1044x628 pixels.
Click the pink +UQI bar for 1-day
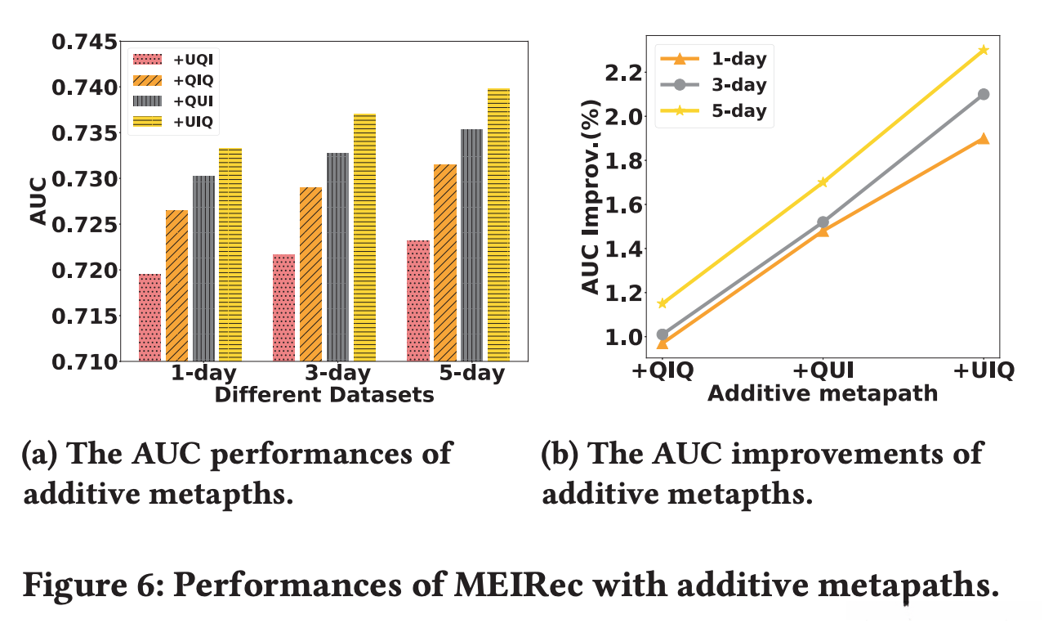point(149,317)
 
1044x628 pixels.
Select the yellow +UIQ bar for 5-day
point(497,225)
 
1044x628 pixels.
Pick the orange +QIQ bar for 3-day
point(310,274)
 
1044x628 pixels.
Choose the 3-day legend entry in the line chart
point(738,84)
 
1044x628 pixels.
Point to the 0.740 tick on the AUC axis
point(81,87)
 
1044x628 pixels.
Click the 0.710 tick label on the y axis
point(81,361)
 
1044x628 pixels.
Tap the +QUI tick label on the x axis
point(822,370)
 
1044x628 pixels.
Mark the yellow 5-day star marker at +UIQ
point(983,50)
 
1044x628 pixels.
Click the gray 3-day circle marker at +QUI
point(823,222)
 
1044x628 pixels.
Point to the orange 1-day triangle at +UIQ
point(983,138)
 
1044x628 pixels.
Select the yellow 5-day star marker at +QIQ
point(663,303)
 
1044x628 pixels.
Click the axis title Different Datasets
point(323,395)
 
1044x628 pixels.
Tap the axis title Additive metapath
point(822,393)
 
